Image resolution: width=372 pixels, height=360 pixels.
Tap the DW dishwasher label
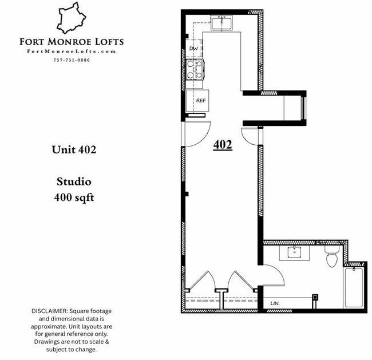point(193,49)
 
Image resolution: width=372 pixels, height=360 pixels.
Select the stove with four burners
point(195,72)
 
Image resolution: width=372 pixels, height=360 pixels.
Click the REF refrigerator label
point(201,100)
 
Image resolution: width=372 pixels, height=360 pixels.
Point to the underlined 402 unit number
point(222,145)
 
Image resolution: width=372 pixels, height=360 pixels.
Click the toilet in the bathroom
point(331,257)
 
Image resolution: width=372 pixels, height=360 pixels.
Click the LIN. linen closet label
point(275,303)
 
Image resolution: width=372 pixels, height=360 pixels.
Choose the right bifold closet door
point(239,282)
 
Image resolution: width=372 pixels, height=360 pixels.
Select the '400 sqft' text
point(74,198)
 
